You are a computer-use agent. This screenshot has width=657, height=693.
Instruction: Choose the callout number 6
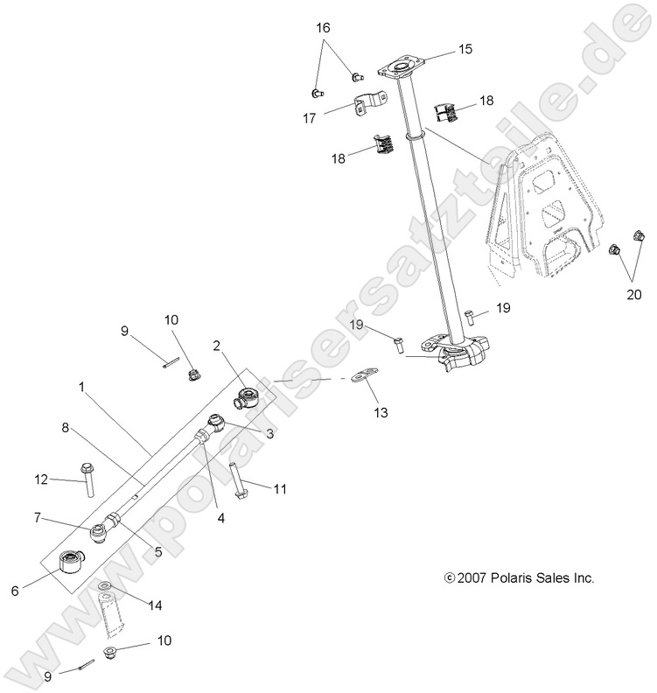(15, 591)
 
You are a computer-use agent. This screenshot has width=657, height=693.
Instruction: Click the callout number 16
(324, 28)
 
